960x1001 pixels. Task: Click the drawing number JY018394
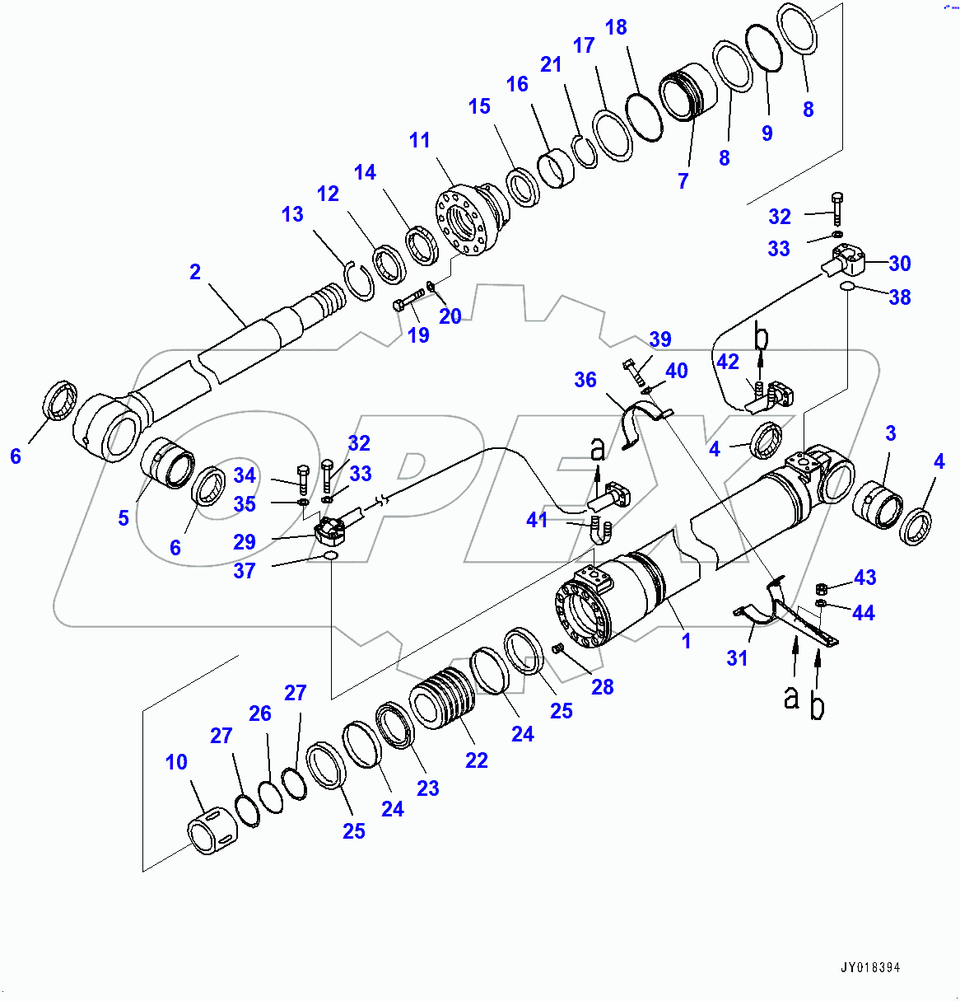(870, 967)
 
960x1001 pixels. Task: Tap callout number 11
(420, 140)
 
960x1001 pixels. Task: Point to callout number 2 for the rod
(195, 272)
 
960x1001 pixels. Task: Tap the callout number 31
(737, 657)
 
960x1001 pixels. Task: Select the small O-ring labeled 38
(846, 286)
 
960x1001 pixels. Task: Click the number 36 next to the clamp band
(585, 380)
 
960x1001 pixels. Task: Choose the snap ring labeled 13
(359, 281)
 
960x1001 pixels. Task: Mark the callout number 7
(683, 181)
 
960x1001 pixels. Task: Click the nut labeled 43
(821, 588)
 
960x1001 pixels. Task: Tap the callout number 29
(245, 542)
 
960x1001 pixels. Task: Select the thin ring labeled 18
(644, 116)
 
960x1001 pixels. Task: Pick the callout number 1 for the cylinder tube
(686, 641)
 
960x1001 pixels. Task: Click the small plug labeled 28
(557, 649)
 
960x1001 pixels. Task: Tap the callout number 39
(660, 339)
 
